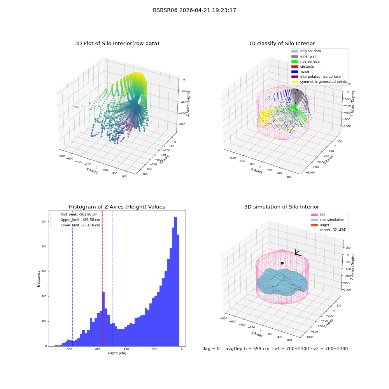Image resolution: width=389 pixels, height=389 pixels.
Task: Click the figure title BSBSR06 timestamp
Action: click(x=194, y=10)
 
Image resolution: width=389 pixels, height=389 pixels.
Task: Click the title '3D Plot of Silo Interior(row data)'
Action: click(x=117, y=44)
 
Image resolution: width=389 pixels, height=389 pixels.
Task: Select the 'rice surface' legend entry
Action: click(x=305, y=61)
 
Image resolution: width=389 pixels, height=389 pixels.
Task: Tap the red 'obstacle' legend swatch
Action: click(x=294, y=67)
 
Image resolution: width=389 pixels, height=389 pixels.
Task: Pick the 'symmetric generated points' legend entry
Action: click(x=319, y=82)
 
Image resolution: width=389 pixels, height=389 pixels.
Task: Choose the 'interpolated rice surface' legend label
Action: click(x=320, y=77)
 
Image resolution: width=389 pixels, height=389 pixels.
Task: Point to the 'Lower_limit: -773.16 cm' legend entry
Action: click(x=76, y=225)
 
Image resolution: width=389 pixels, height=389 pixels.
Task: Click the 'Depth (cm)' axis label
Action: click(x=117, y=353)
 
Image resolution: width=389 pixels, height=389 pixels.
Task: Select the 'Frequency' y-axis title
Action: click(x=39, y=279)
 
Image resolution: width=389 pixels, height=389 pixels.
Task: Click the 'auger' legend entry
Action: click(x=320, y=225)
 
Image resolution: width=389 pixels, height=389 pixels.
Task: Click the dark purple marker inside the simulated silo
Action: click(x=282, y=263)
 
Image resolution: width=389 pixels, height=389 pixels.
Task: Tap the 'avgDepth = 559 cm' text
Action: click(x=247, y=349)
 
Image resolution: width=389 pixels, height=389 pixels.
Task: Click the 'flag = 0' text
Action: click(x=211, y=349)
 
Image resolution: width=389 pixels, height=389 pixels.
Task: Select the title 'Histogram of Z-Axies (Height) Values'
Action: click(x=117, y=207)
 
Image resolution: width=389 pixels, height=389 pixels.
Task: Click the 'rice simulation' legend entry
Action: click(x=328, y=220)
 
